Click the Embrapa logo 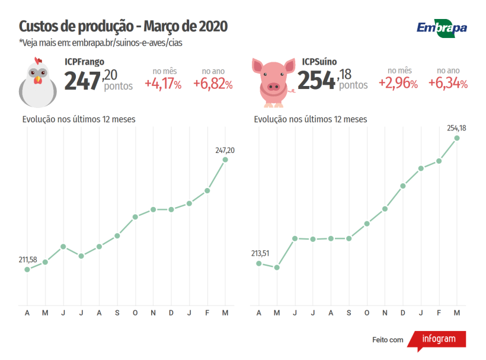coord(442,27)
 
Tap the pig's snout coord(273,87)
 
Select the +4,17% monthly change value coord(163,84)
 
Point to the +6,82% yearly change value coord(213,84)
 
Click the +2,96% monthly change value coord(398,84)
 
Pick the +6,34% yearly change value coord(448,84)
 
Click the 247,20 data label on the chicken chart coord(225,151)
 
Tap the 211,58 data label coord(28,260)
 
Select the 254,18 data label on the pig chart coord(456,128)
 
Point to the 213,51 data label coord(260,253)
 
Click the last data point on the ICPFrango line coord(225,160)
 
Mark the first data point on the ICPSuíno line coord(259,263)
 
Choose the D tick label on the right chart coord(403,313)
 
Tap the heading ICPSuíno coord(319,62)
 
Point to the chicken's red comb coord(39,60)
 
